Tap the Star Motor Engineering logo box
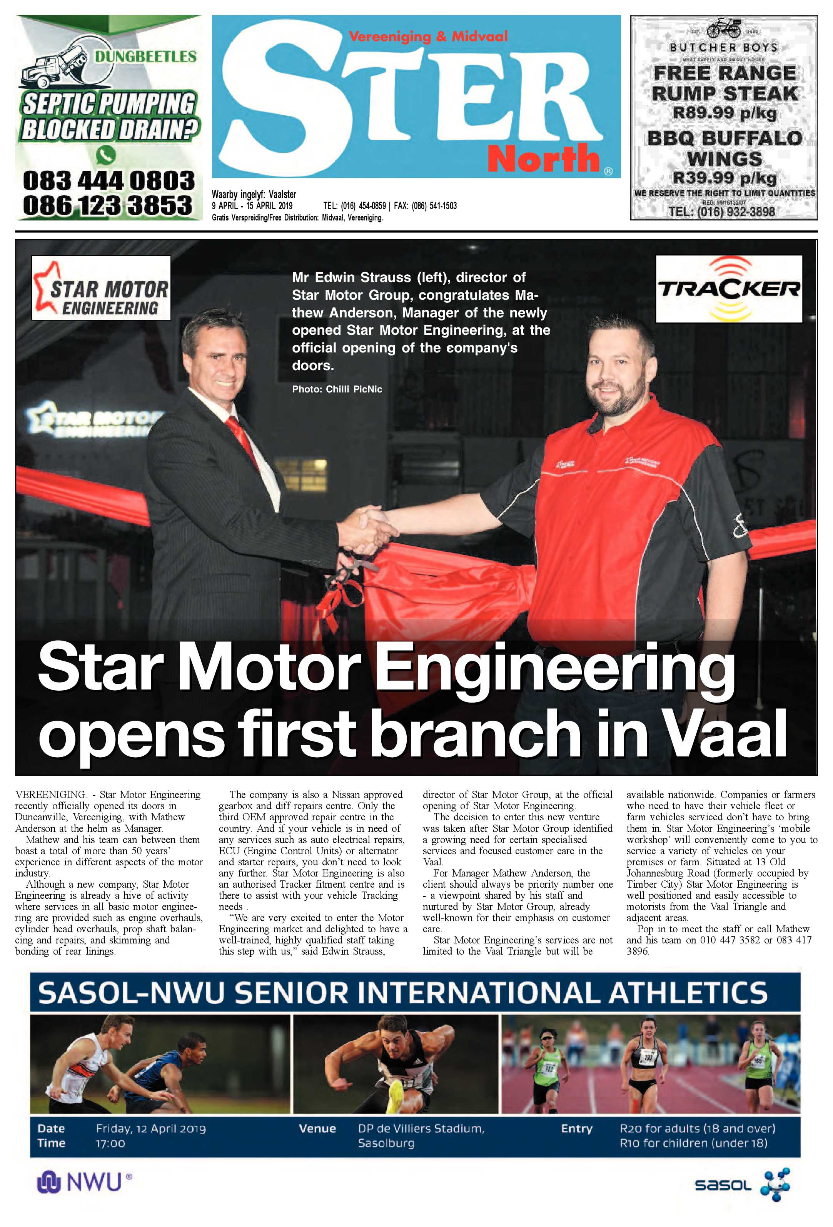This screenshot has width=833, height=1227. (101, 288)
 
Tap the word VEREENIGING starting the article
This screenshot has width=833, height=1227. (50, 795)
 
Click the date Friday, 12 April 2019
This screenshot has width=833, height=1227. (151, 1129)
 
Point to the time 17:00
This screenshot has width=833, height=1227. (110, 1144)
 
